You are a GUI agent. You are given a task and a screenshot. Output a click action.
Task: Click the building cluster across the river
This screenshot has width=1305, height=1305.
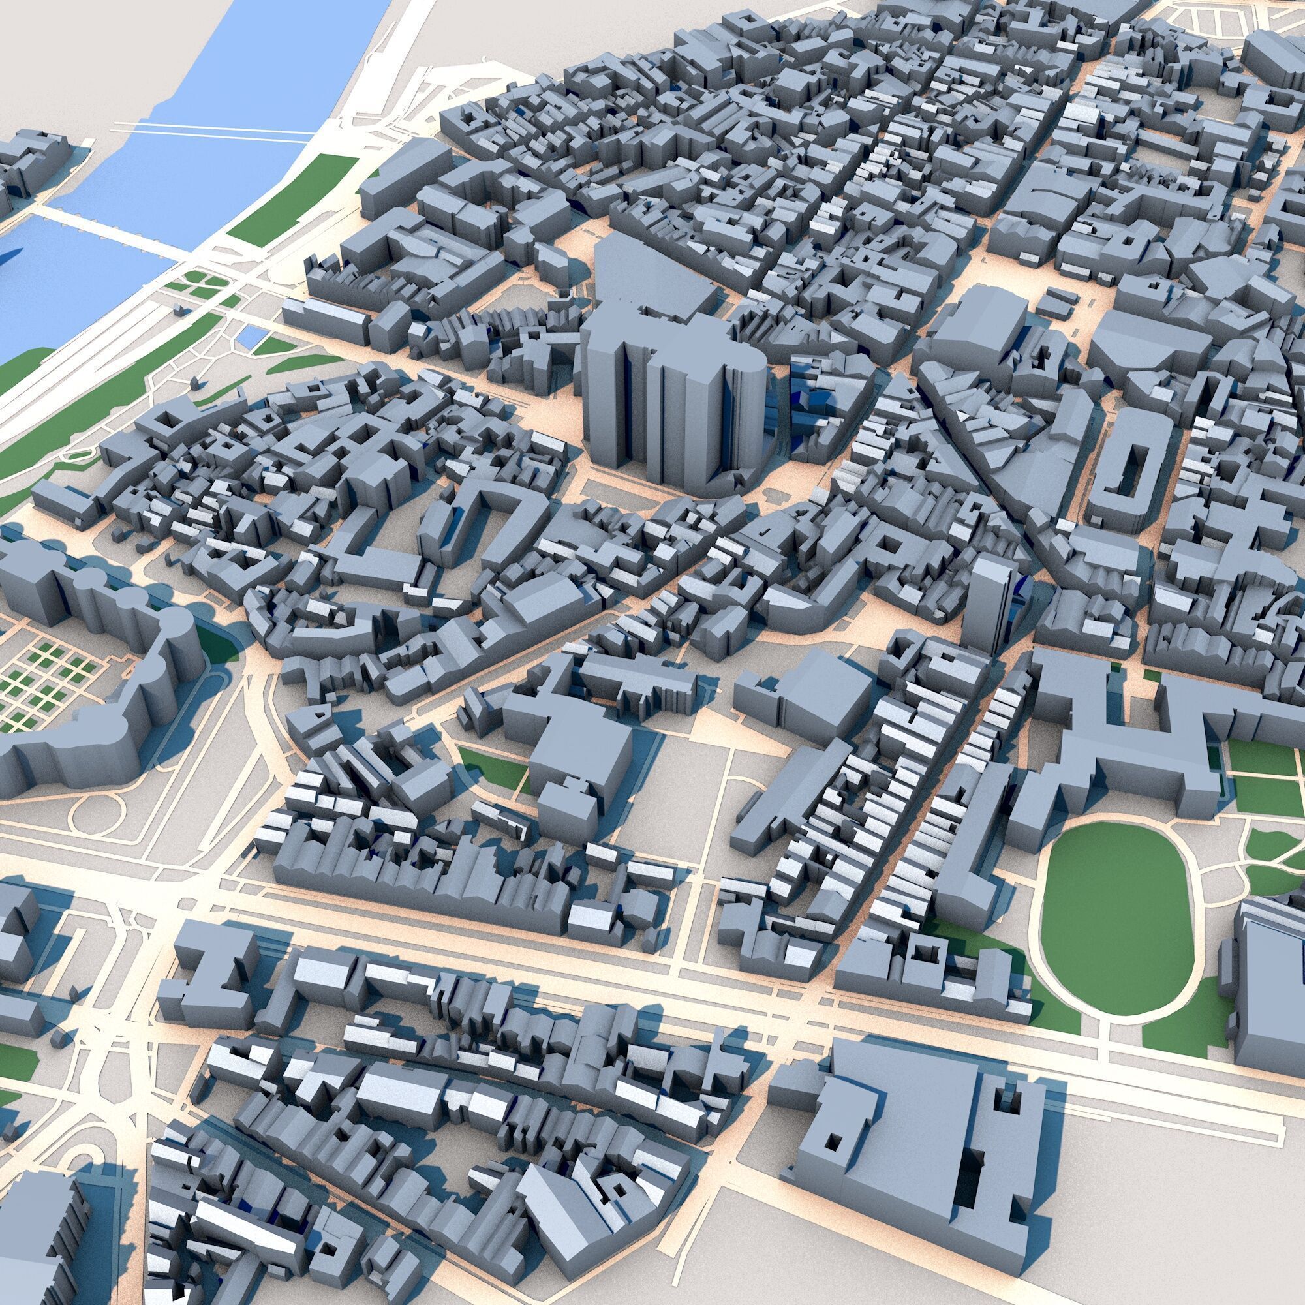click(x=31, y=166)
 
